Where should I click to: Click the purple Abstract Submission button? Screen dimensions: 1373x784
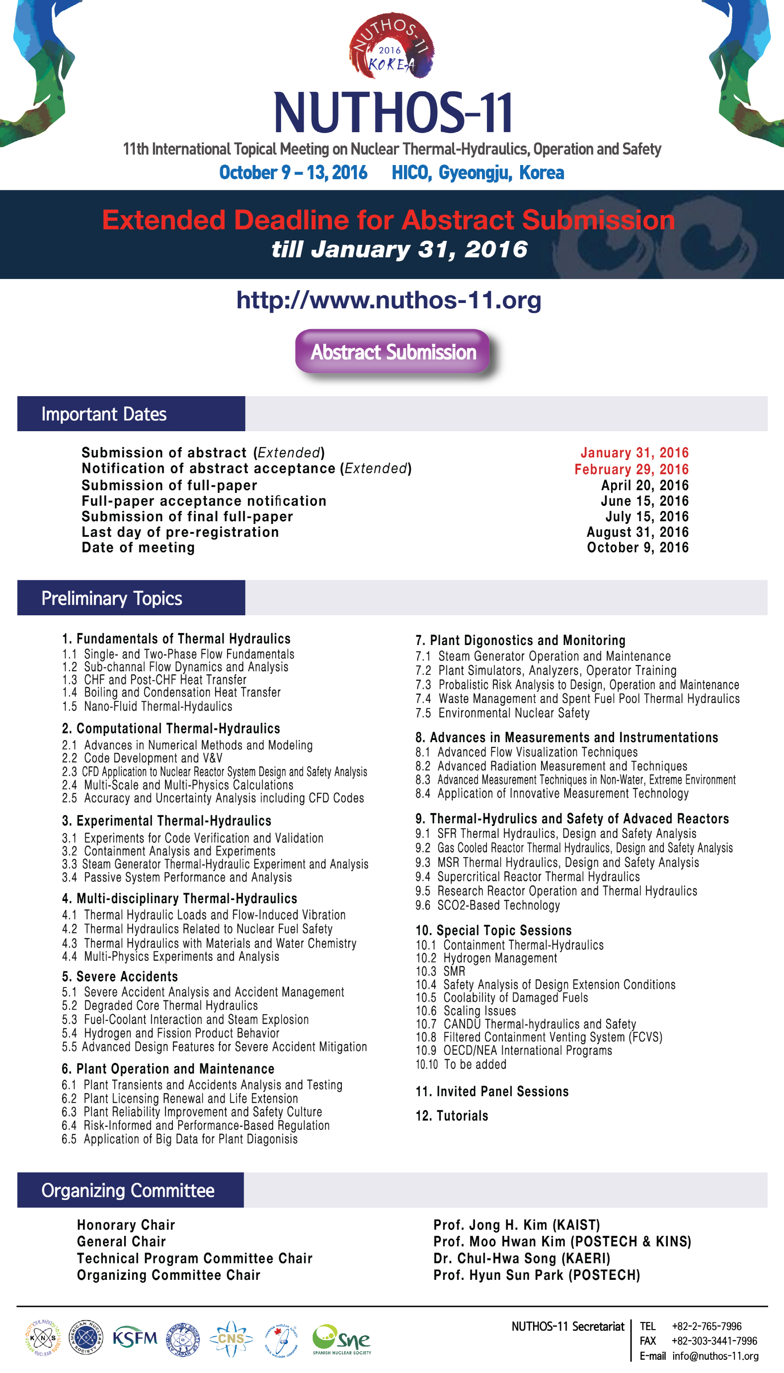tap(392, 352)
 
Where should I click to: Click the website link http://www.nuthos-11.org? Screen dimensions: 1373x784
tap(388, 299)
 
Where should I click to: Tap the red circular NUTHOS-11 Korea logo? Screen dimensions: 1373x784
tap(392, 46)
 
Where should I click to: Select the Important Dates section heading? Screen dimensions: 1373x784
tap(104, 414)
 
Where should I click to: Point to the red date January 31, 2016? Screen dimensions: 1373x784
tap(634, 452)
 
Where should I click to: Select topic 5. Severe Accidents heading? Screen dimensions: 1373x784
tap(120, 976)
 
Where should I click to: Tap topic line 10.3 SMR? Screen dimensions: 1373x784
tap(440, 971)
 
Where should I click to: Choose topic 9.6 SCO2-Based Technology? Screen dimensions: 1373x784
tap(487, 905)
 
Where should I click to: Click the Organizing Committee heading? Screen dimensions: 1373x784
tap(128, 1190)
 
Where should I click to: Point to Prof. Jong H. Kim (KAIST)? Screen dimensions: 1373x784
tap(516, 1225)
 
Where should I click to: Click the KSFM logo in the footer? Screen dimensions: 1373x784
tap(135, 1338)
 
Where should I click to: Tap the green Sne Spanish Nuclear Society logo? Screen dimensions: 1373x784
tap(341, 1339)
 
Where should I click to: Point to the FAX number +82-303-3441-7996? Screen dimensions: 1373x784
tap(713, 1341)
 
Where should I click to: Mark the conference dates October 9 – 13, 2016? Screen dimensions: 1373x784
tap(293, 173)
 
